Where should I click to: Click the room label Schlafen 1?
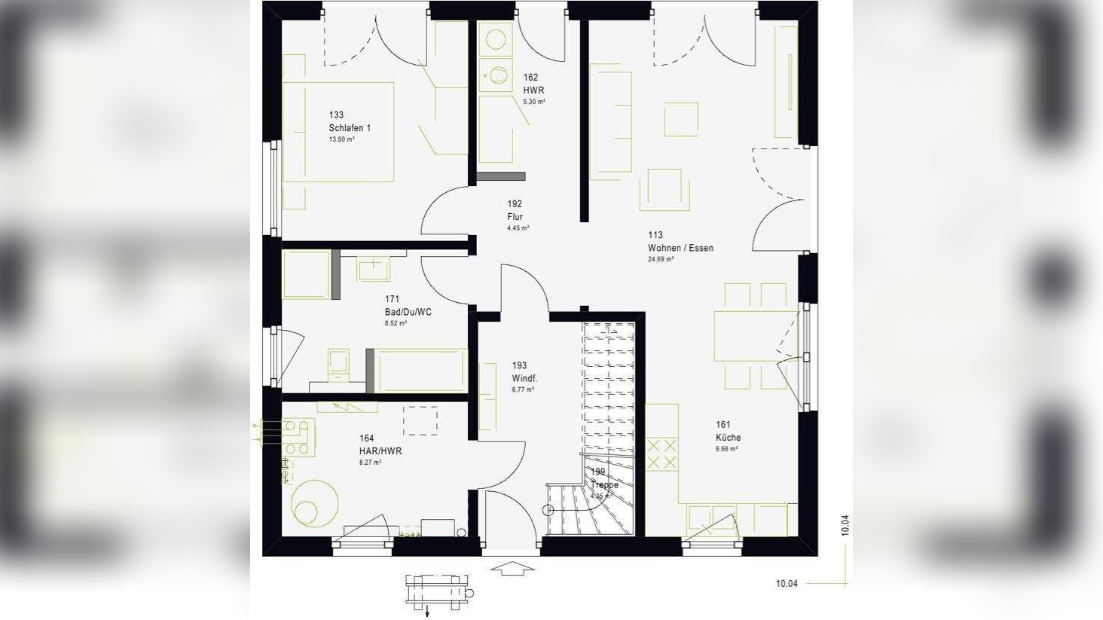pyautogui.click(x=350, y=128)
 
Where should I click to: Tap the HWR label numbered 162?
pyautogui.click(x=533, y=90)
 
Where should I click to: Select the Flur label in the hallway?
pyautogui.click(x=515, y=217)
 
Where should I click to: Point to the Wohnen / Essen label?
pyautogui.click(x=680, y=248)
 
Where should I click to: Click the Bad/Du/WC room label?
pyautogui.click(x=408, y=312)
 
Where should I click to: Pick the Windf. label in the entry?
pyautogui.click(x=524, y=378)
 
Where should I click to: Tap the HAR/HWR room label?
pyautogui.click(x=380, y=451)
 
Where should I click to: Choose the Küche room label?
pyautogui.click(x=728, y=438)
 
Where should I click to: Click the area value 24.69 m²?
pyautogui.click(x=661, y=259)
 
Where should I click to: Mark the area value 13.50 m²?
pyautogui.click(x=341, y=139)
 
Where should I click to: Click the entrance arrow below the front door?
pyautogui.click(x=512, y=567)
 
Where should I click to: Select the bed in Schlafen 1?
pyautogui.click(x=338, y=132)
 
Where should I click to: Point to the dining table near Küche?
pyautogui.click(x=754, y=336)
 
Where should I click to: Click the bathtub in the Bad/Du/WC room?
pyautogui.click(x=420, y=370)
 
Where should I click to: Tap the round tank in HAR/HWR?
pyautogui.click(x=315, y=501)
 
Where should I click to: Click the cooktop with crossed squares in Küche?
pyautogui.click(x=661, y=453)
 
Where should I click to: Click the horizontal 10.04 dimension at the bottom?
pyautogui.click(x=787, y=583)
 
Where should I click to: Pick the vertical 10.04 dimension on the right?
pyautogui.click(x=845, y=524)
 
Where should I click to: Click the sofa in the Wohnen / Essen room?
pyautogui.click(x=610, y=122)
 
